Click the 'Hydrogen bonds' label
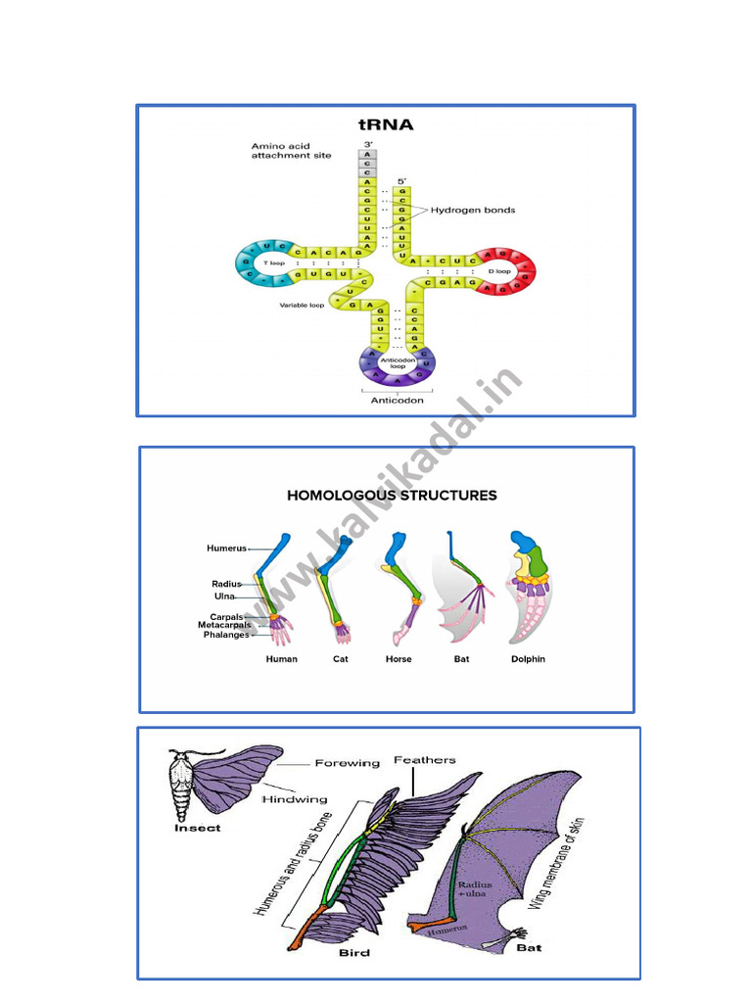[473, 211]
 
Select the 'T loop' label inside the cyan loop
[263, 263]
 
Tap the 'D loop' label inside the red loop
[499, 271]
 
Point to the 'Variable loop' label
[303, 305]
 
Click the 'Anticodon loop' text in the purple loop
[399, 362]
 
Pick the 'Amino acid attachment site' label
[291, 151]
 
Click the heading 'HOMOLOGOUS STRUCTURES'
[392, 496]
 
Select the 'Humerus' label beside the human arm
[226, 549]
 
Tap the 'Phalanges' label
[226, 635]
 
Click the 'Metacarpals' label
[223, 625]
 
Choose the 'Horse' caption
[399, 659]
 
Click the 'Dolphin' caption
[528, 659]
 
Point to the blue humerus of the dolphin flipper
[523, 543]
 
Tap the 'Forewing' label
[347, 763]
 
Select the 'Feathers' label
[425, 760]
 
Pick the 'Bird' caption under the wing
[354, 952]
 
